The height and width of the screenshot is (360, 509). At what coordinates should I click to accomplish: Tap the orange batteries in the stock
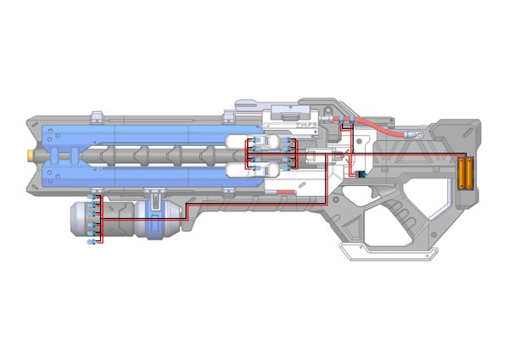(466, 173)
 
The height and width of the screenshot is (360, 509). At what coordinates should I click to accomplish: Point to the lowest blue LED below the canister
(91, 243)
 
